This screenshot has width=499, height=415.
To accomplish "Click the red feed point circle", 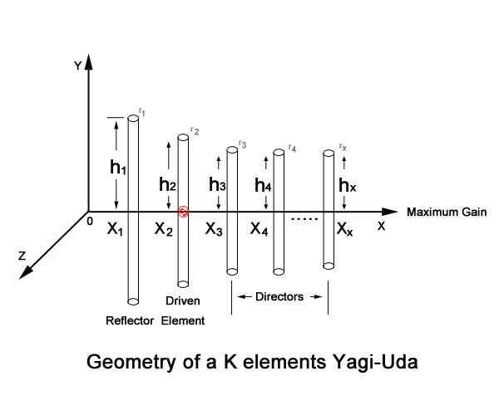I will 183,212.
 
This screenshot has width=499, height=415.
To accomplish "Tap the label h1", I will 118,167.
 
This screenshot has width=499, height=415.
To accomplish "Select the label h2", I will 166,184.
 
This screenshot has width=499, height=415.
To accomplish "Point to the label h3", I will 217,184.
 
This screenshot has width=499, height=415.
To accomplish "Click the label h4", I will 263,185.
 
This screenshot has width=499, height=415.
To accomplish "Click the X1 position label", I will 116,229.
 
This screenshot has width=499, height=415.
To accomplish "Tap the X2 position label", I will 164,229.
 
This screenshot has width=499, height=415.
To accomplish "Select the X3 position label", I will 214,229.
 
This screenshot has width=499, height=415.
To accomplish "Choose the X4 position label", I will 260,229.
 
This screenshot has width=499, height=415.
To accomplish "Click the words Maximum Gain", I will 445,212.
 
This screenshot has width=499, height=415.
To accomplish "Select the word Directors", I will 279,295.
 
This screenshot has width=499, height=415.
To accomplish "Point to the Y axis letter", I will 77,66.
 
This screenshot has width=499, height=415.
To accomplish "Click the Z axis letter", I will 22,256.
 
